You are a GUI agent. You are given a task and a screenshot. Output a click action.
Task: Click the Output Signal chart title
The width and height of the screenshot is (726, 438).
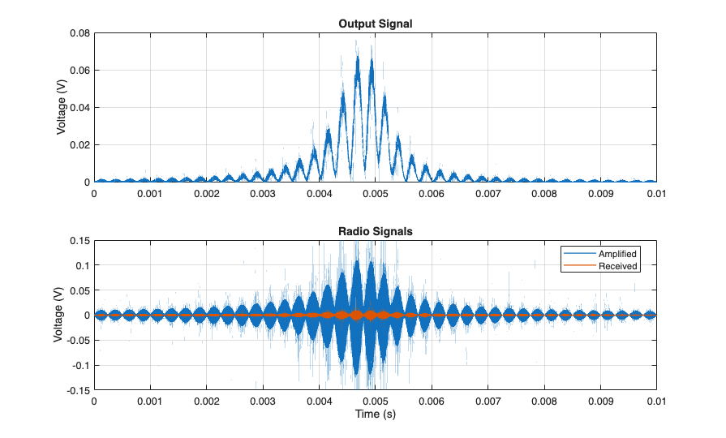pos(375,24)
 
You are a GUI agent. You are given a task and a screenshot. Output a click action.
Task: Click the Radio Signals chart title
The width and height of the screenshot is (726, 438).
pos(375,231)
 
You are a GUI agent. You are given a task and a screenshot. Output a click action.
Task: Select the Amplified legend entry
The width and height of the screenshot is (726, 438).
pos(617,254)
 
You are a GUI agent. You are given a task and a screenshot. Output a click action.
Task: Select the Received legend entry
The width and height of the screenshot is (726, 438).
pos(617,265)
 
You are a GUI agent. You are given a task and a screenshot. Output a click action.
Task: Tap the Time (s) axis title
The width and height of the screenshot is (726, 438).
pos(375,414)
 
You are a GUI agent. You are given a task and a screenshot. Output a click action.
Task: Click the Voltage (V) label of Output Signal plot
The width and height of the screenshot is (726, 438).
pos(62,108)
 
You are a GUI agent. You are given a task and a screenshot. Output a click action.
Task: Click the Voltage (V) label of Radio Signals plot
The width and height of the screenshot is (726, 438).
pos(58,316)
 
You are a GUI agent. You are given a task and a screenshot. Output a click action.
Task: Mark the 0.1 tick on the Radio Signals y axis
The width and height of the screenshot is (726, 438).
pos(80,265)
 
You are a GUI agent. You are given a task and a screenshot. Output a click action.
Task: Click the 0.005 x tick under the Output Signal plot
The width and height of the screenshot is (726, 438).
pos(375,195)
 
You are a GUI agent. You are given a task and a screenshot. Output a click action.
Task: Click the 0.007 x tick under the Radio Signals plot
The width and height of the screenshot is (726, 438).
pos(488,401)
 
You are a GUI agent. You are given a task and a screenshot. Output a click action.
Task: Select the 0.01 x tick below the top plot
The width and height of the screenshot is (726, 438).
pos(655,195)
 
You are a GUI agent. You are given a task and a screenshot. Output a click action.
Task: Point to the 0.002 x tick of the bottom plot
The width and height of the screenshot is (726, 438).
pos(206,401)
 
